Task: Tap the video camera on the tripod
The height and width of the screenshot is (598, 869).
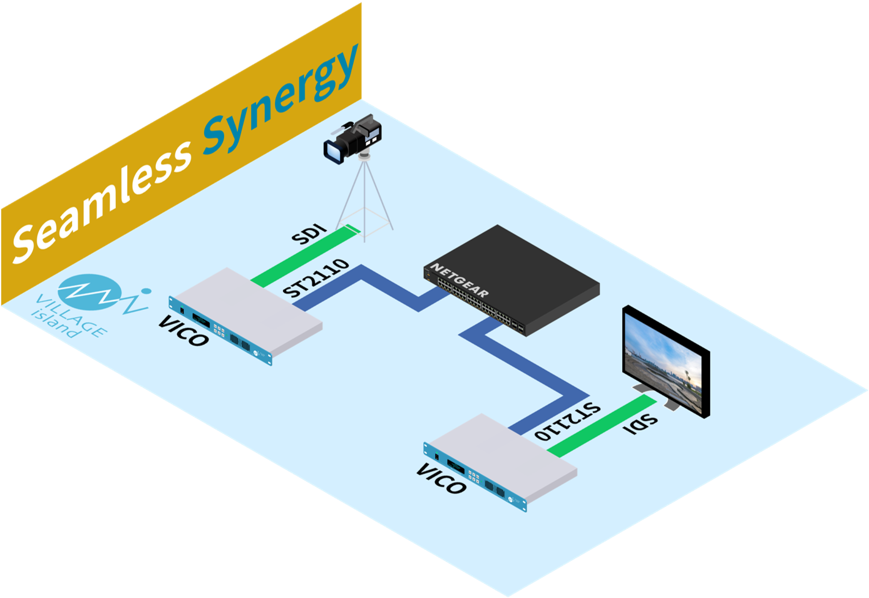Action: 354,139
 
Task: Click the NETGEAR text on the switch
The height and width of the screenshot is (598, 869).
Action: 460,280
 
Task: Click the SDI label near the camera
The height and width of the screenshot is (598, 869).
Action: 310,236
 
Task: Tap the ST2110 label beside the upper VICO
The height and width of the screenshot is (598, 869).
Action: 315,279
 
